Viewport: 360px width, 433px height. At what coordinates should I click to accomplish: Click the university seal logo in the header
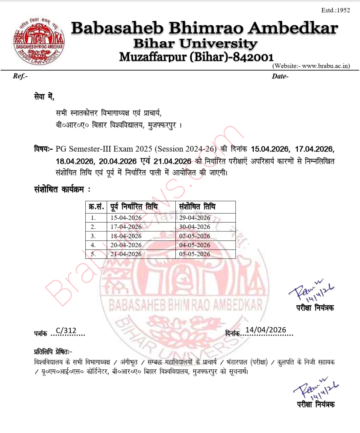point(39,42)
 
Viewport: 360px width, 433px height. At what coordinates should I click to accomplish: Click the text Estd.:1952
point(335,10)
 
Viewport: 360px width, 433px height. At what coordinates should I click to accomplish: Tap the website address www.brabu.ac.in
point(325,66)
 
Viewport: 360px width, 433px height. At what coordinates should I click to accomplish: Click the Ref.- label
point(20,76)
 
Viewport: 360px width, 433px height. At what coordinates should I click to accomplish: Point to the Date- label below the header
point(280,76)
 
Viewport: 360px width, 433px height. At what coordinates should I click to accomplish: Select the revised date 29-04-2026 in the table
point(195,218)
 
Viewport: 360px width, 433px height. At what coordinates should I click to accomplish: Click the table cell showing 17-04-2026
point(126,227)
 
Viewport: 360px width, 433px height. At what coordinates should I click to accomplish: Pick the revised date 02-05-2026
point(195,236)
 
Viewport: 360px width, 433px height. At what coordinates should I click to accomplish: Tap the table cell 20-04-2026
point(126,245)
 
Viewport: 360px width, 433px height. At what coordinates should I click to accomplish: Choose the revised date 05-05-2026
point(195,254)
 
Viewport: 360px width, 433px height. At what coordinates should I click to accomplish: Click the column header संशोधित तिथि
point(197,207)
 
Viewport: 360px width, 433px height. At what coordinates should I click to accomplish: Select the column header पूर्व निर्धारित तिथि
point(134,207)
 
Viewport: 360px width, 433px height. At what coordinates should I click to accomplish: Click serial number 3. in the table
point(93,236)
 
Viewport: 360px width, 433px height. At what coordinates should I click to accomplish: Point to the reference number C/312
point(66,331)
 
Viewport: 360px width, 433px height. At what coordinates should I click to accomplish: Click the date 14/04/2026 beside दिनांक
point(266,330)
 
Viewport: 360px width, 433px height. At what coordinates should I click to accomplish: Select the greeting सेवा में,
point(44,97)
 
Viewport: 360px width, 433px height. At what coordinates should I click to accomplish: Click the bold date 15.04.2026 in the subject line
point(270,149)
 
